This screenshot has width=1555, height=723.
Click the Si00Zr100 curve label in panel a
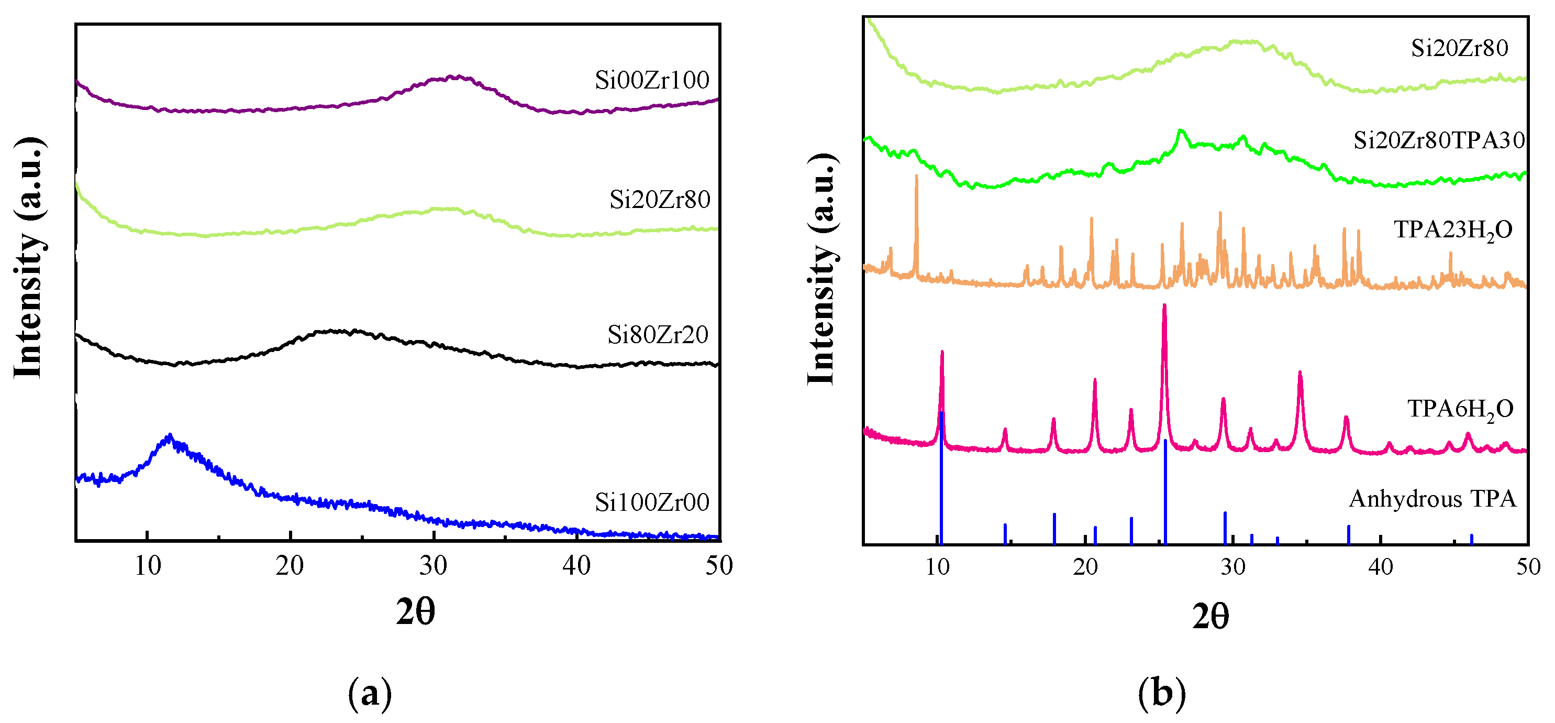[651, 80]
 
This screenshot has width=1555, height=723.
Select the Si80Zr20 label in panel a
[658, 335]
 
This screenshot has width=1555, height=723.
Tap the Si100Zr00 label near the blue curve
[651, 502]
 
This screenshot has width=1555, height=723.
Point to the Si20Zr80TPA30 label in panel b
[1439, 140]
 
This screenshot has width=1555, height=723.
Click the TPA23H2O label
[1453, 230]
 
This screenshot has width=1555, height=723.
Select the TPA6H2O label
[1460, 410]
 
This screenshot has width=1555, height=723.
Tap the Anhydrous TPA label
[1432, 499]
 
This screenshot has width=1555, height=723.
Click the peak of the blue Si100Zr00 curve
[170, 436]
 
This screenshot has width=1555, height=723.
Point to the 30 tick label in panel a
[433, 566]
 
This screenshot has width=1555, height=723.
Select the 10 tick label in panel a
[147, 566]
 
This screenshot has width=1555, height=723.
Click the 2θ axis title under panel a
[415, 612]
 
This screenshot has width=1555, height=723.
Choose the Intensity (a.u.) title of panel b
[821, 269]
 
